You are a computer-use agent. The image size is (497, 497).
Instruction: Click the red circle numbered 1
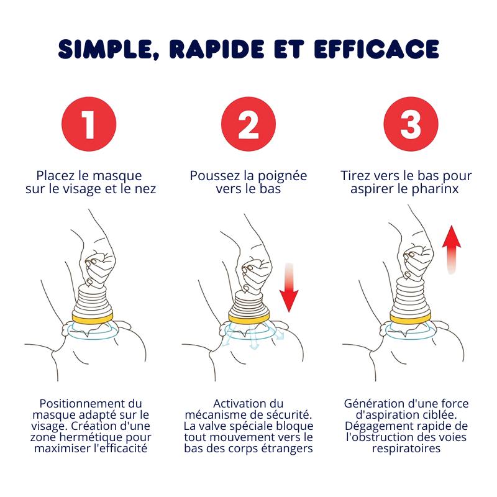coord(89,124)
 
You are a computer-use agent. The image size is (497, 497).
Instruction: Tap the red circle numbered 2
coord(248,124)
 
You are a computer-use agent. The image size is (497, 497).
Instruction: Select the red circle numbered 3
coord(411,124)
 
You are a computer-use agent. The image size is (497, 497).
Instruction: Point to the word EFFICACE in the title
coord(377,49)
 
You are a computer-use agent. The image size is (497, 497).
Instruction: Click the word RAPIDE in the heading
coord(217,49)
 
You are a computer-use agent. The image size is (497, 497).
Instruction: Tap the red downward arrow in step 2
coord(289,287)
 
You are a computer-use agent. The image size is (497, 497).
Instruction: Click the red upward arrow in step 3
coord(452,250)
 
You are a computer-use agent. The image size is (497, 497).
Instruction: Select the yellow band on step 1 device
coord(93,318)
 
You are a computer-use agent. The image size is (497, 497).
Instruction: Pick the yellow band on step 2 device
coord(249,318)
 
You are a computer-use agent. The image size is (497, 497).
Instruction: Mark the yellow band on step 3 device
coord(411,318)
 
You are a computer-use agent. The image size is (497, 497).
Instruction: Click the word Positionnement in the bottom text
coord(82,403)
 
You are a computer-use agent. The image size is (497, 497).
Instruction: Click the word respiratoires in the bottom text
coord(406,449)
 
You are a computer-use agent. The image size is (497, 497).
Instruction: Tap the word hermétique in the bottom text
coord(91,437)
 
